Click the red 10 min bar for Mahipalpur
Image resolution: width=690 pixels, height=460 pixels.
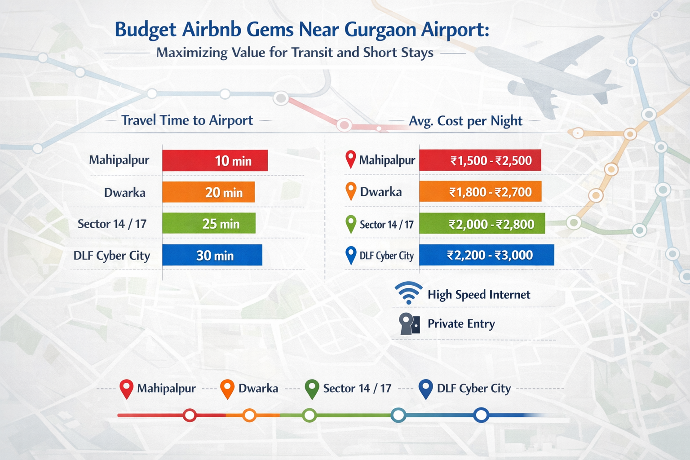point(215,160)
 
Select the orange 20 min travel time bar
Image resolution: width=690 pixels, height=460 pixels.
point(208,192)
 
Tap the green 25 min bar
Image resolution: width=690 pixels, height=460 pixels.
point(209,224)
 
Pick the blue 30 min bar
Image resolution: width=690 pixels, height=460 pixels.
point(212,255)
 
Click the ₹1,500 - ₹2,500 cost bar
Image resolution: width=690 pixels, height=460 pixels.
point(480,161)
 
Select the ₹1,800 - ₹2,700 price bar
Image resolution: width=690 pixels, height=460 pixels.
point(480,192)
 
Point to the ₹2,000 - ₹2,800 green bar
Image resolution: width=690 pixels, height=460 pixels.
point(482,224)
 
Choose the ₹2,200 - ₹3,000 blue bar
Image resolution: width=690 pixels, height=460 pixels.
point(487,255)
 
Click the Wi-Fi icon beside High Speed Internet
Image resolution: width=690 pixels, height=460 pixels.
point(408,293)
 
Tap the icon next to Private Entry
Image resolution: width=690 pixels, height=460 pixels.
point(409,324)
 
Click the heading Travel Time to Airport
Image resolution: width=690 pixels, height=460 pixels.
point(187,120)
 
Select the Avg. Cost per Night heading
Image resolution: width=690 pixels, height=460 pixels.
point(465,121)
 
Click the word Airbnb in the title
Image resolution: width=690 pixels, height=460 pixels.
point(211,30)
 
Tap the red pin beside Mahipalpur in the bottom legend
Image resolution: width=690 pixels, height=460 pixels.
point(127,389)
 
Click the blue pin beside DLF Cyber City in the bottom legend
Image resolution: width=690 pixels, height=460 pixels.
point(425,389)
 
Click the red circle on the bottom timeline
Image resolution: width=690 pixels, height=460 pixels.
point(190,415)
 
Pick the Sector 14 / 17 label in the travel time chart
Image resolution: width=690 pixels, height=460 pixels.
point(112,224)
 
